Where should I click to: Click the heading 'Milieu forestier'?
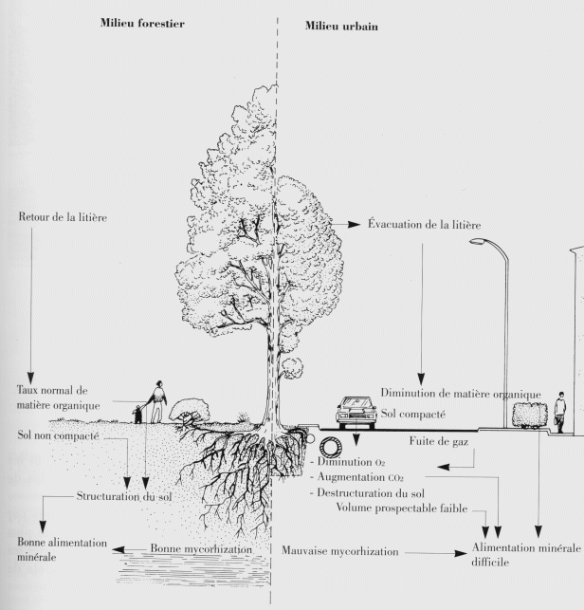[141, 23]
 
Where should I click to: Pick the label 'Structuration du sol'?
[124, 496]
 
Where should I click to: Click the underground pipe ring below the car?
[333, 446]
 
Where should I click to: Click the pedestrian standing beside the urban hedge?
[560, 410]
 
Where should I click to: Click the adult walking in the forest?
[159, 399]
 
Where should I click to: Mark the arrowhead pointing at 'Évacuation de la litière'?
[359, 225]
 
